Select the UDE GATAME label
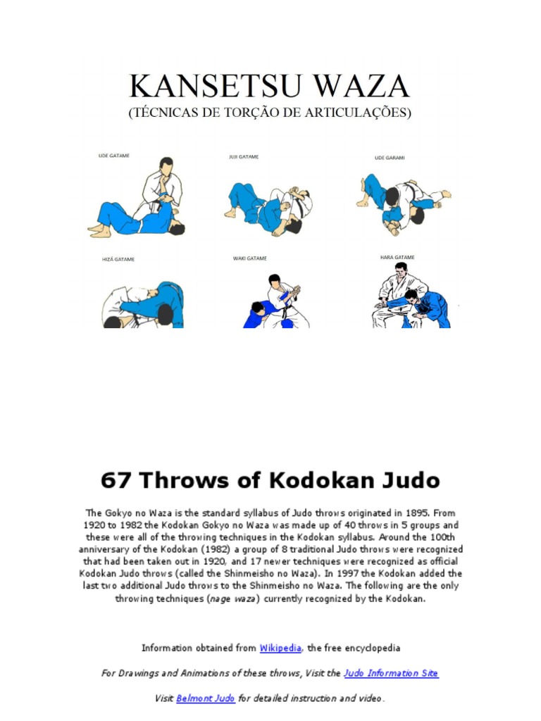(x=113, y=156)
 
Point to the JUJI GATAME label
(x=244, y=157)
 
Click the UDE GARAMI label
(x=390, y=158)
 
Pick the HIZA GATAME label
(x=118, y=259)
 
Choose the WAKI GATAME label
(x=250, y=258)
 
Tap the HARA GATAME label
(x=397, y=258)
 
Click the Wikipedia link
(x=281, y=648)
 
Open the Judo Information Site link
(x=391, y=673)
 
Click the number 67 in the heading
(x=116, y=481)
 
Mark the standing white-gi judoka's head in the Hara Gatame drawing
(x=401, y=269)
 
